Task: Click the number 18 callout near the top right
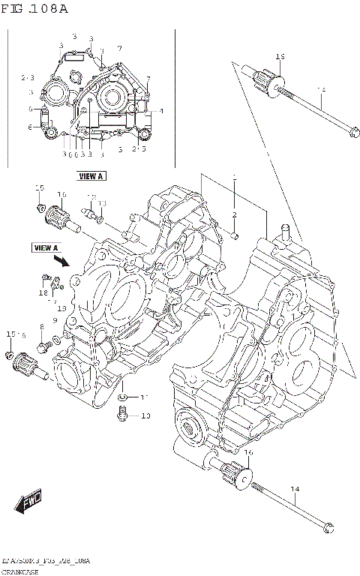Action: [280, 57]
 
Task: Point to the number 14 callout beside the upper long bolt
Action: [320, 91]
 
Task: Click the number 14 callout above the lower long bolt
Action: [295, 489]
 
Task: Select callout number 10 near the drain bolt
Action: [145, 415]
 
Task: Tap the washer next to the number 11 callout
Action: [123, 397]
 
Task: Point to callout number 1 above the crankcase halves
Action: [233, 178]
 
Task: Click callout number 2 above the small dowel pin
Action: [233, 215]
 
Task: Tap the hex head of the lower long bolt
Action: [327, 529]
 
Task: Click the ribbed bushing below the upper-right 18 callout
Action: [268, 78]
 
